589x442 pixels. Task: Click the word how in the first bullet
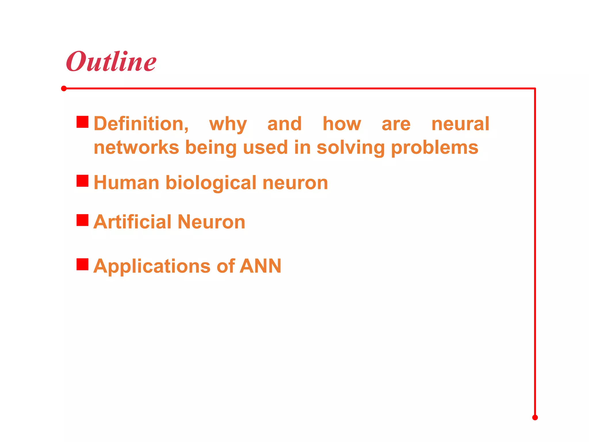342,124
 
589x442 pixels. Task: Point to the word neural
460,124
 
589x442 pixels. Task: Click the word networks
136,147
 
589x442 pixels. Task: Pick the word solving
351,148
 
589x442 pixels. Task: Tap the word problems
435,148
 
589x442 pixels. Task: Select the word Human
126,183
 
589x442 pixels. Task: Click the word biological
211,183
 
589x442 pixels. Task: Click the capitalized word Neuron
211,222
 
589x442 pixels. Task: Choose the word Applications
152,266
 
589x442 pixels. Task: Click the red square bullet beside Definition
82,122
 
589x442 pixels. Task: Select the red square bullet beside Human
82,181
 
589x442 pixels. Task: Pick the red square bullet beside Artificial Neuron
82,220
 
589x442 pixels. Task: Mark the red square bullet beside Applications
82,264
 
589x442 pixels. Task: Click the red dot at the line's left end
64,88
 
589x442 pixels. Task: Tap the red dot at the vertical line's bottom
535,418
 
